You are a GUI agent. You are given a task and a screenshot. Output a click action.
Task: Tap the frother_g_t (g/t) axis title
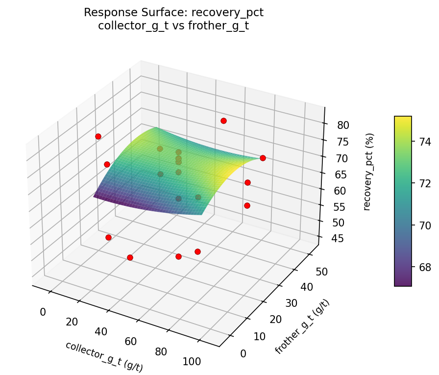(302, 326)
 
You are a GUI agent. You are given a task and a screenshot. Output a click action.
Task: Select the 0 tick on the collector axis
(43, 312)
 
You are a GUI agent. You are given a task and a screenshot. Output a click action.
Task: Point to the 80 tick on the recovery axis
(343, 125)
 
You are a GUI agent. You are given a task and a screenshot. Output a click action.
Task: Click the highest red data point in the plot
(223, 121)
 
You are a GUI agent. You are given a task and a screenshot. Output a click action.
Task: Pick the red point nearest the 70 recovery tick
(263, 158)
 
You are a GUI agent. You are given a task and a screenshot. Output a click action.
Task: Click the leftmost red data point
(98, 136)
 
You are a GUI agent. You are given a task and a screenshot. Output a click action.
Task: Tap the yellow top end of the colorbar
(403, 119)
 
